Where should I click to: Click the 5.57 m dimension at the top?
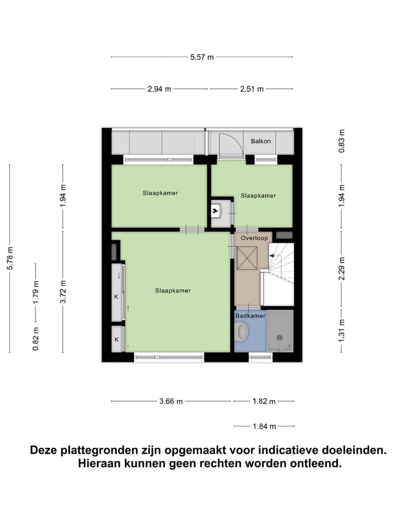(202, 57)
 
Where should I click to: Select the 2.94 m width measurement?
(159, 89)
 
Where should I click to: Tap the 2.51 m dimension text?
(252, 89)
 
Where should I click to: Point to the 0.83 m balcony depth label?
(342, 140)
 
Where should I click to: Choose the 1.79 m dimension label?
(36, 291)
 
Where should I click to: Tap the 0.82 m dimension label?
(36, 338)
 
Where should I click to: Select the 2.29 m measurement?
(342, 269)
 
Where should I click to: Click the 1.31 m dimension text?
(342, 331)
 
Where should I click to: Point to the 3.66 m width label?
(171, 402)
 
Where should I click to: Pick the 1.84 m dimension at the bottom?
(265, 426)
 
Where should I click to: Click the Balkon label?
(261, 141)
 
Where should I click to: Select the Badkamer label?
(251, 316)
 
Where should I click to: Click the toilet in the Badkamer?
(242, 331)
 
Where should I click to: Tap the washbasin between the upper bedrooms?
(217, 209)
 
